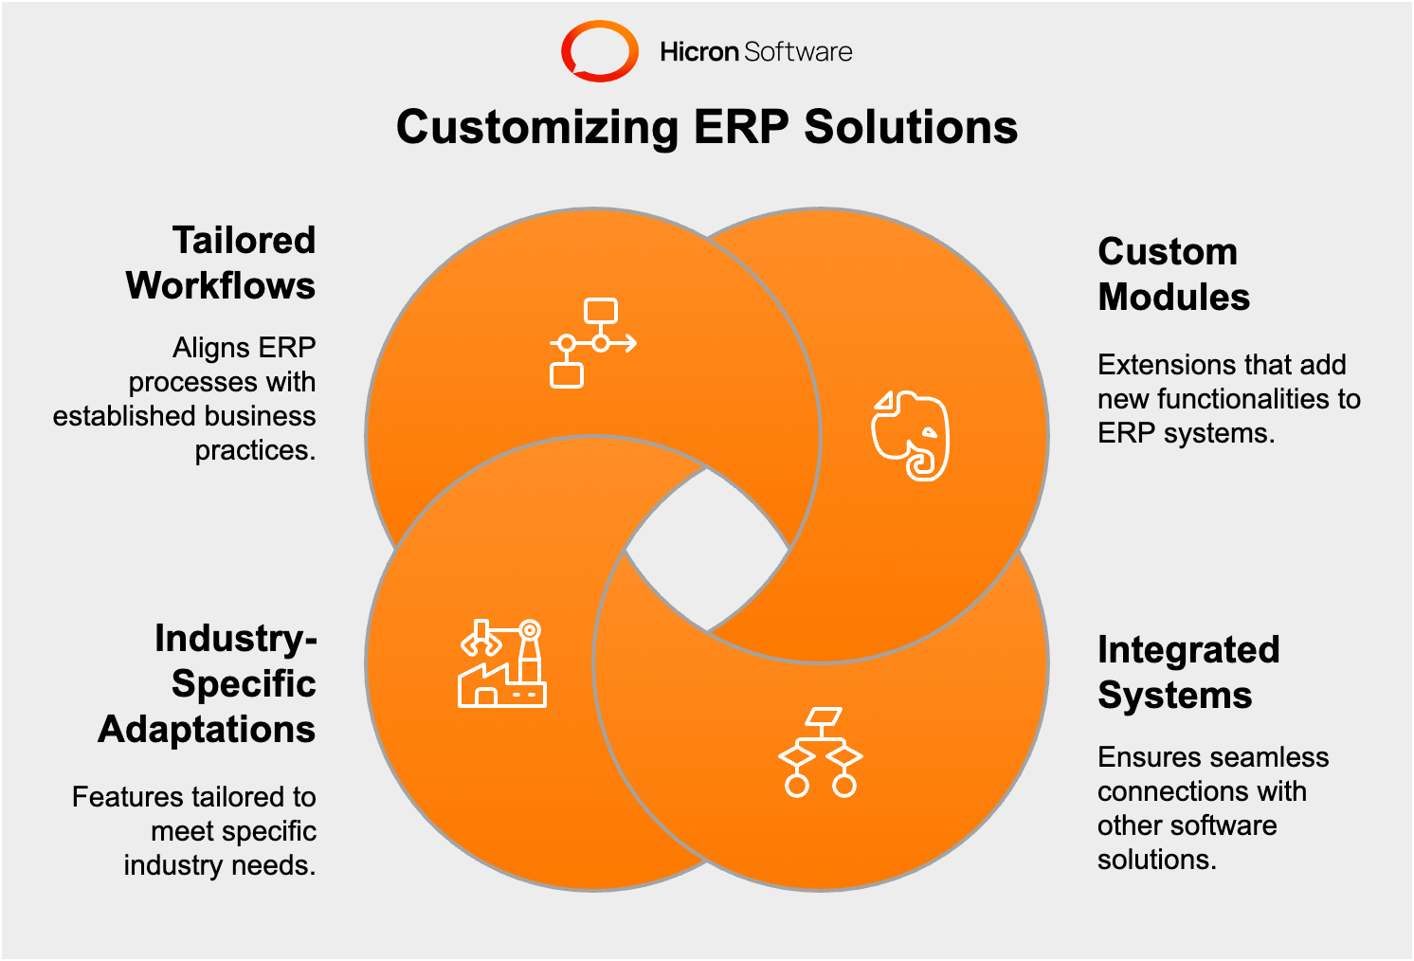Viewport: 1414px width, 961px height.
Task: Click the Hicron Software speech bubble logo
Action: point(599,50)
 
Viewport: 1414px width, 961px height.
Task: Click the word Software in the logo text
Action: point(798,52)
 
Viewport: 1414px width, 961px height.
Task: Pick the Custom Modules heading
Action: point(1172,275)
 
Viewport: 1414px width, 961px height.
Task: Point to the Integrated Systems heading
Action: point(1187,672)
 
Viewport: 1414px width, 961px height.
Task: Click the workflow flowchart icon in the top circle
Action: point(592,343)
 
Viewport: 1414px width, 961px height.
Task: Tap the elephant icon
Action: point(911,435)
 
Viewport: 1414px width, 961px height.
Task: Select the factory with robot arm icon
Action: point(502,663)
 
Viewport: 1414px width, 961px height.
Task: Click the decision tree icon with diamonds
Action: point(821,752)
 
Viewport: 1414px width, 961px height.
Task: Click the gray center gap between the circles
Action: point(707,550)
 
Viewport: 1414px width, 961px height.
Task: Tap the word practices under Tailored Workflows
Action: point(254,450)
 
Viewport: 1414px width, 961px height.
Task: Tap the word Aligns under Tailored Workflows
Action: point(207,349)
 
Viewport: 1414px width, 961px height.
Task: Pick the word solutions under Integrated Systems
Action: point(1155,860)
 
